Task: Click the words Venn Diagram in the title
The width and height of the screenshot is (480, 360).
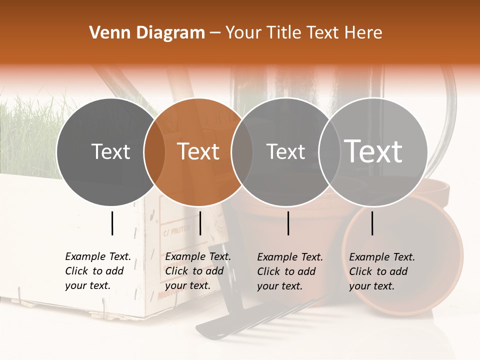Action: pyautogui.click(x=147, y=33)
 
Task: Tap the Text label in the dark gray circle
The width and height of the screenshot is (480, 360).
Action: pyautogui.click(x=110, y=151)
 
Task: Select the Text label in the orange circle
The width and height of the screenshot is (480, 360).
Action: pyautogui.click(x=198, y=151)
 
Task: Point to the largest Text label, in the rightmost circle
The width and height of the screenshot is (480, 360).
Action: pyautogui.click(x=373, y=151)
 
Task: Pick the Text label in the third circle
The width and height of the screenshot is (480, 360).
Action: pyautogui.click(x=285, y=151)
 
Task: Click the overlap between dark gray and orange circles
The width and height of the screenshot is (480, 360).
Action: pyautogui.click(x=154, y=152)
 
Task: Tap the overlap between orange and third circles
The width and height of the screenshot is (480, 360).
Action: pyautogui.click(x=242, y=152)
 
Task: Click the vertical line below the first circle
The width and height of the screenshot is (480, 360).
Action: pyautogui.click(x=112, y=223)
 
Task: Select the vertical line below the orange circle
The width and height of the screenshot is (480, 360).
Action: pyautogui.click(x=200, y=223)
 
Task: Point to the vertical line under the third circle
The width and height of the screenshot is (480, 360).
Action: pyautogui.click(x=288, y=223)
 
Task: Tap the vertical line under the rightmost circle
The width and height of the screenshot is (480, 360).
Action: pyautogui.click(x=372, y=223)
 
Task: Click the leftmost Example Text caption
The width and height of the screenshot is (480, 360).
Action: pyautogui.click(x=97, y=271)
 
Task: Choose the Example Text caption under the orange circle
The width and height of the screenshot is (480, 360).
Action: pyautogui.click(x=197, y=271)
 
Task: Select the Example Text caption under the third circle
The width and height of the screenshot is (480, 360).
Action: pyautogui.click(x=289, y=271)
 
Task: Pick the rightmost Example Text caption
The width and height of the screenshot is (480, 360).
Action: pyautogui.click(x=381, y=271)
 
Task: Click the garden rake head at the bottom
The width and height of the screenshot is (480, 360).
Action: pyautogui.click(x=250, y=317)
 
